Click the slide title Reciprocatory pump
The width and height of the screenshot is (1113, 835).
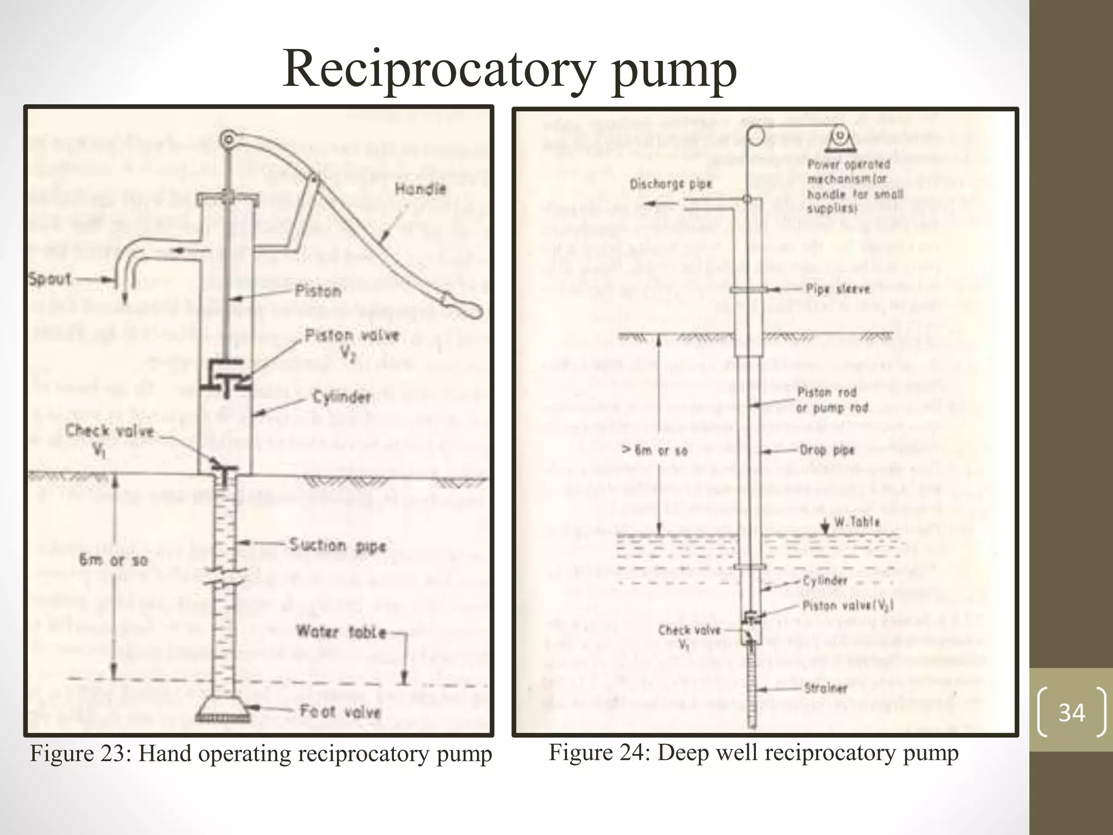click(509, 70)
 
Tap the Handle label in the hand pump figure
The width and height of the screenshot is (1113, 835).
click(420, 190)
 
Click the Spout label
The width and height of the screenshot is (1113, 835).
click(49, 279)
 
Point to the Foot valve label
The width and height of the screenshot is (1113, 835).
click(340, 711)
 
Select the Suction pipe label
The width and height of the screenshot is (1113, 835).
click(337, 545)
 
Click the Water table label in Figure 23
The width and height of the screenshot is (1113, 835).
click(341, 632)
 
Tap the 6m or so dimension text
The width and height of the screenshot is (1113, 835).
click(113, 560)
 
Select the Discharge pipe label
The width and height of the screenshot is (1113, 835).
click(671, 184)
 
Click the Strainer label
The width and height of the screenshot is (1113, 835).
click(826, 688)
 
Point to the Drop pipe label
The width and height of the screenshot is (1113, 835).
click(827, 450)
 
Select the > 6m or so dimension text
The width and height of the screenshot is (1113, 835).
click(655, 450)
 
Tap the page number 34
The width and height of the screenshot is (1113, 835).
click(1071, 712)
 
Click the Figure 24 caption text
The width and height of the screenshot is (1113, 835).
click(753, 753)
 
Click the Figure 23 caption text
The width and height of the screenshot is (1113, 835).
click(261, 754)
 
